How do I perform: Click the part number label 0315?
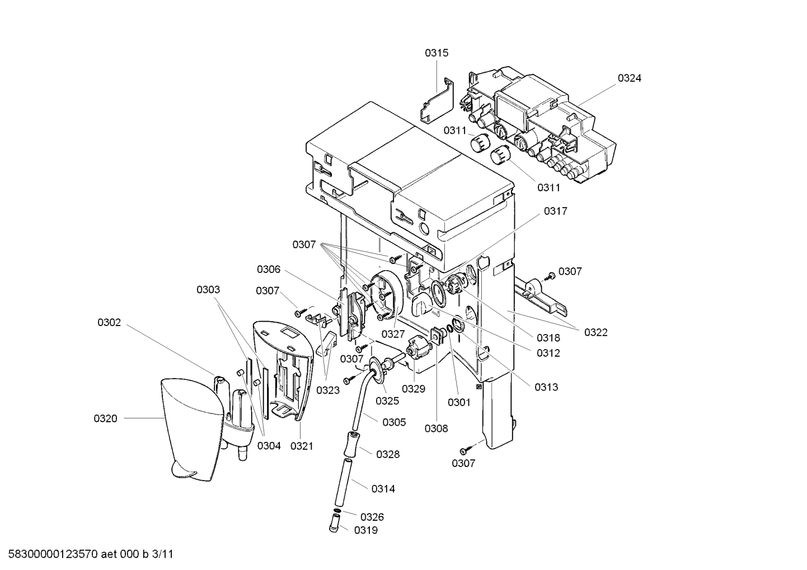[437, 53]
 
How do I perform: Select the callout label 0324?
[630, 78]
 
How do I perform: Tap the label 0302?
[109, 322]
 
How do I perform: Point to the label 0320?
[106, 418]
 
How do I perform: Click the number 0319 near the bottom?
[366, 530]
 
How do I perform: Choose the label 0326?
[372, 517]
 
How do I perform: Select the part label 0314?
[383, 489]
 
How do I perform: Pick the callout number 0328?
[388, 454]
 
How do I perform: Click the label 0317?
[556, 211]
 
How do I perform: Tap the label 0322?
[596, 332]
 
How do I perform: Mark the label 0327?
[393, 334]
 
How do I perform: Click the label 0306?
[269, 269]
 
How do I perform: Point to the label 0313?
[546, 387]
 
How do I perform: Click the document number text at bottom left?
[91, 554]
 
